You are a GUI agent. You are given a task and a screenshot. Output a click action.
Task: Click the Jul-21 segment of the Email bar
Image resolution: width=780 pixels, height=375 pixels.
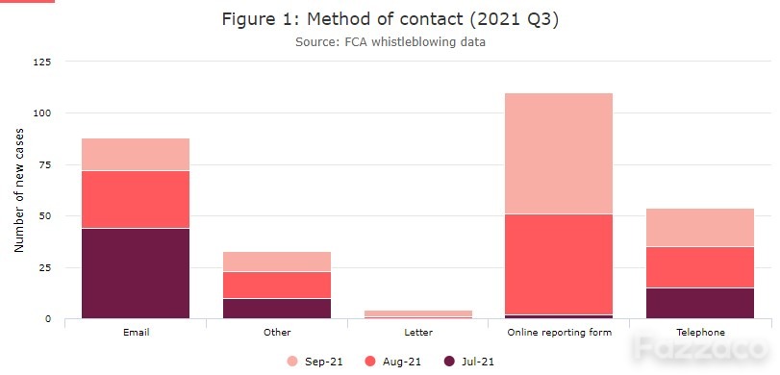tap(136, 273)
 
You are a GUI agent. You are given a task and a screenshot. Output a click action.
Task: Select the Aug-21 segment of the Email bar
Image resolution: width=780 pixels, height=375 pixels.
tap(136, 199)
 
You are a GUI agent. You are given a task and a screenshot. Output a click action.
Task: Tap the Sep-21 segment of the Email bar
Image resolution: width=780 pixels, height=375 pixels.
tap(136, 155)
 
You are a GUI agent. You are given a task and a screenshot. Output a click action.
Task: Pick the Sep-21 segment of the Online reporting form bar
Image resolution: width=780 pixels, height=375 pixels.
tap(559, 154)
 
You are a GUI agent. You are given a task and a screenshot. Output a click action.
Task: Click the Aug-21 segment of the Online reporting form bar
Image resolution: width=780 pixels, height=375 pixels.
tap(559, 264)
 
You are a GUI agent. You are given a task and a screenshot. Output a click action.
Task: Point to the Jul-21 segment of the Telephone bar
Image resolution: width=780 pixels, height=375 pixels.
tap(700, 303)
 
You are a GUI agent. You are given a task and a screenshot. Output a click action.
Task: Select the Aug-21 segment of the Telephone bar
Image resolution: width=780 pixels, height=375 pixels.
tap(700, 267)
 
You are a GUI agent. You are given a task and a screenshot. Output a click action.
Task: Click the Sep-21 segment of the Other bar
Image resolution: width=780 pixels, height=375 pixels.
tap(277, 262)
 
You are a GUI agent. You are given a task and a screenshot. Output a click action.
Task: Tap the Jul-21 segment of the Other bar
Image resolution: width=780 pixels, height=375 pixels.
tap(277, 309)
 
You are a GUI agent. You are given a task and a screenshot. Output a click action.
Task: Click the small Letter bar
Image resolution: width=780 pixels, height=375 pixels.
tap(417, 314)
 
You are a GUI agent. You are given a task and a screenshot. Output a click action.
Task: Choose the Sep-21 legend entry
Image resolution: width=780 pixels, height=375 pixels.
tap(315, 362)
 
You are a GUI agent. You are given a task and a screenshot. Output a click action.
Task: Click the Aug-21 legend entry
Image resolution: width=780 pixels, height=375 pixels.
tap(393, 362)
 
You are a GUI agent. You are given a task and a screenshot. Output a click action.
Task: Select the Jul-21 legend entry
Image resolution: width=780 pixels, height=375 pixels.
tap(469, 362)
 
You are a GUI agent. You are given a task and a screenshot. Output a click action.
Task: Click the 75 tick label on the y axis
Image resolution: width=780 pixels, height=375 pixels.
tap(46, 164)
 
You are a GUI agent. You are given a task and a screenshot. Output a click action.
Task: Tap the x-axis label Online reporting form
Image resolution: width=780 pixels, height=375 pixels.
tap(559, 333)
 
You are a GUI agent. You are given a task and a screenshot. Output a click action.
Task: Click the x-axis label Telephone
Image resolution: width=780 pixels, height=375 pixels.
tap(700, 333)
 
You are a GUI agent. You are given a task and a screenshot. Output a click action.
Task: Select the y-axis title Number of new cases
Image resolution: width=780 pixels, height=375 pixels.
tap(19, 190)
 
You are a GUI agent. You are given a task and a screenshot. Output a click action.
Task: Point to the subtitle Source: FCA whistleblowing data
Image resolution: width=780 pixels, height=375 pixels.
tap(390, 41)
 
